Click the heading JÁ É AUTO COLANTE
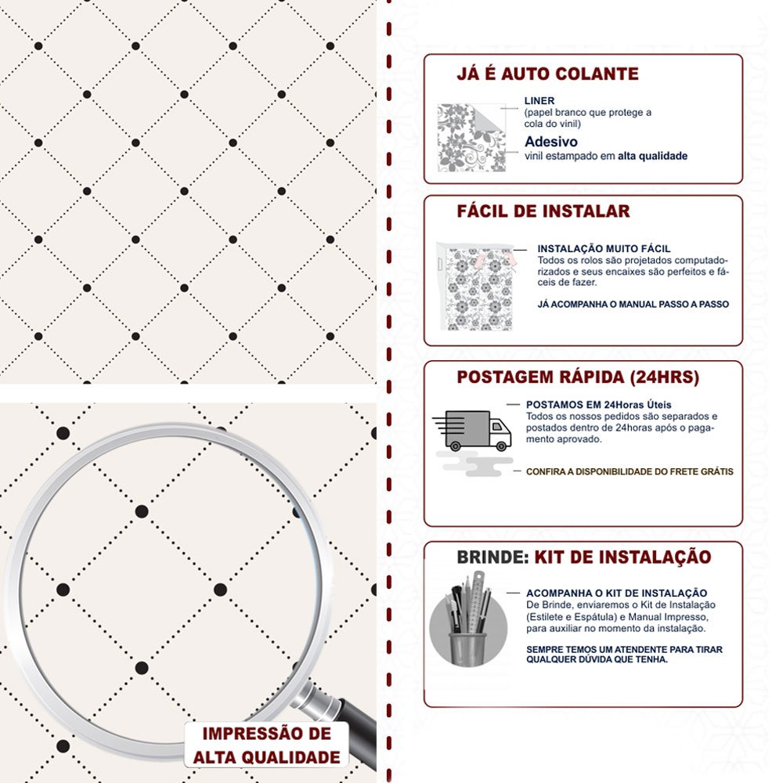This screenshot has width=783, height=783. coord(547,74)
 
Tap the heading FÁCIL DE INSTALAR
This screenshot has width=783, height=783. coord(543,211)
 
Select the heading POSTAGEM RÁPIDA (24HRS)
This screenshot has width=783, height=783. coord(578,377)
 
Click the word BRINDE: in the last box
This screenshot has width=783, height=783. coord(493,557)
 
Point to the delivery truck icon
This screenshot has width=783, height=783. coord(472,431)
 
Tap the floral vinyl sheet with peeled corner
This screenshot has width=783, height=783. coord(471,137)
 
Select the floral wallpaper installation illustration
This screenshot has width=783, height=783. coord(475,287)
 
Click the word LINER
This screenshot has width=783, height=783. coord(539,100)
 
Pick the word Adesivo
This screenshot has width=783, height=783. coord(550,141)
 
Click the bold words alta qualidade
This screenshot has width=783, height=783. coord(652,156)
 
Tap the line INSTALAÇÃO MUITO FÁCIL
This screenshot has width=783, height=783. coord(604,249)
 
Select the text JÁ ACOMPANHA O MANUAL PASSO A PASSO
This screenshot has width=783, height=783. coord(633,304)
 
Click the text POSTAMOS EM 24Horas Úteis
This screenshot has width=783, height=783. coord(598,405)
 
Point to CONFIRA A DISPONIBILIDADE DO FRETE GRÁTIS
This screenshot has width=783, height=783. coord(630,471)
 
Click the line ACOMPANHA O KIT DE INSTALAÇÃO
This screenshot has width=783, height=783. coord(616,594)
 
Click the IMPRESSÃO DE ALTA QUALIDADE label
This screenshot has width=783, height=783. coord(267,745)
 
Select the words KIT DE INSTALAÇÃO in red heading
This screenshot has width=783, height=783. coord(622,557)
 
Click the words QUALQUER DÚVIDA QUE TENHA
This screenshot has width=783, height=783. coord(597,659)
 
